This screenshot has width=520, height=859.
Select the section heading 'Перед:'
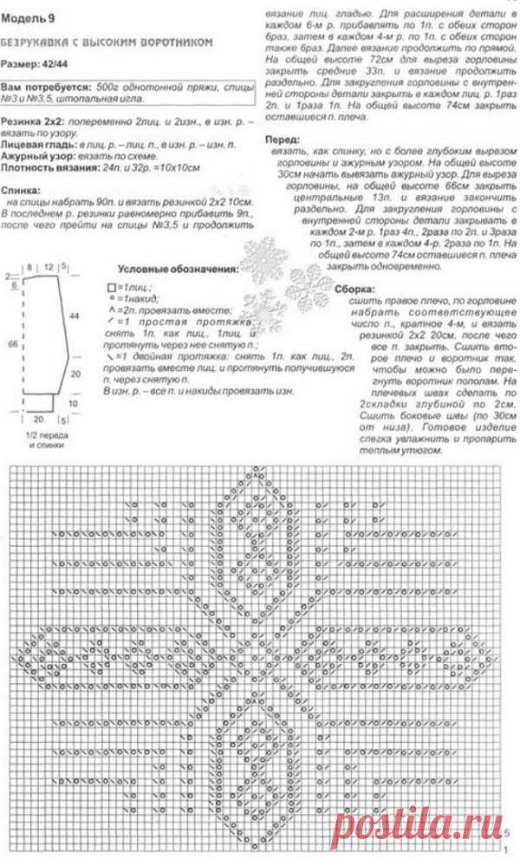pyautogui.click(x=287, y=139)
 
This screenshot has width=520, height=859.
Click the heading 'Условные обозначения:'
pyautogui.click(x=179, y=270)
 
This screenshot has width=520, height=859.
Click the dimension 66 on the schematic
pyautogui.click(x=11, y=344)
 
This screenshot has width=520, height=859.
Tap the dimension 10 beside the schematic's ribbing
pyautogui.click(x=73, y=403)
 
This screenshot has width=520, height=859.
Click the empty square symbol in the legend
pyautogui.click(x=110, y=287)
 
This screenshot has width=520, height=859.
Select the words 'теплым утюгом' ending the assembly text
pyautogui.click(x=400, y=451)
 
